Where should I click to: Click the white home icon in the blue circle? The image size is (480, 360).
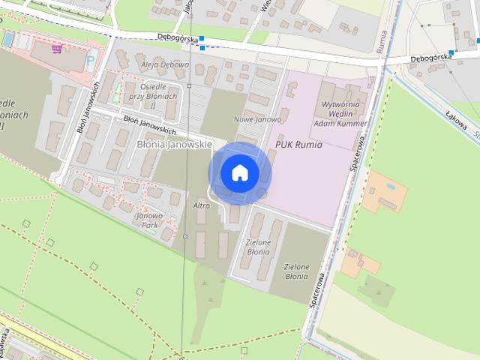tap(239, 172)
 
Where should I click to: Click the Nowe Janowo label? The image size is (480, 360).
tap(257, 119)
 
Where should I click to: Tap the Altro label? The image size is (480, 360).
tap(202, 205)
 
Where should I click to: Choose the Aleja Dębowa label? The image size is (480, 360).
tap(165, 64)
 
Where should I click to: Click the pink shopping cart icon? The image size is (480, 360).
tap(57, 49)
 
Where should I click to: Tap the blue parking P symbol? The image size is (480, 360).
tap(91, 60)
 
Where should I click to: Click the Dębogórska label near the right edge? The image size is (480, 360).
tap(430, 56)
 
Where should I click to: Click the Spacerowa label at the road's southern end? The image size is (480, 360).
tap(317, 288)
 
